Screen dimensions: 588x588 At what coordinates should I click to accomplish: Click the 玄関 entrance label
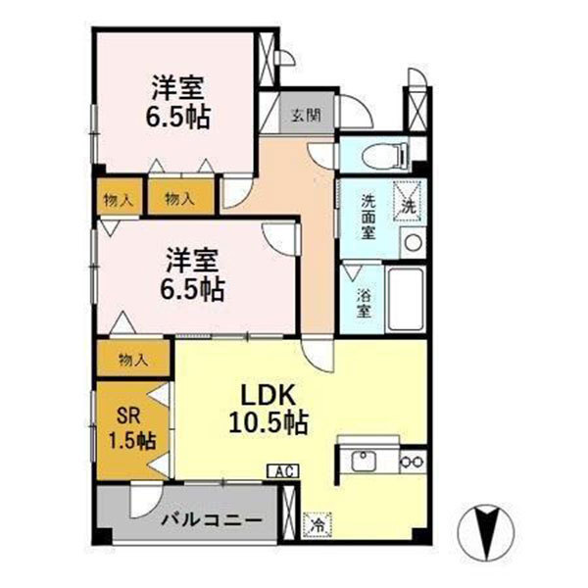coord(304,115)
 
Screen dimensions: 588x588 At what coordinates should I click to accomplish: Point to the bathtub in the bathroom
coord(405,296)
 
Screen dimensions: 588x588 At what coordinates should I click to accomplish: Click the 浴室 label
coord(361,303)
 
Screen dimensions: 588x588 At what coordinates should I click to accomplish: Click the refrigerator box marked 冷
coord(318,525)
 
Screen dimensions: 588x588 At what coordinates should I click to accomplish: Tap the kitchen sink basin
coord(364,460)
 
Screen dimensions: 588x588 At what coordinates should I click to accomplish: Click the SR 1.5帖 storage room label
coord(130,426)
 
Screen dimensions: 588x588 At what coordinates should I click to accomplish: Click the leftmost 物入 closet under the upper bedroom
coord(119,199)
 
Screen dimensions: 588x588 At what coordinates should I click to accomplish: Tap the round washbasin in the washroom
coord(414,241)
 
